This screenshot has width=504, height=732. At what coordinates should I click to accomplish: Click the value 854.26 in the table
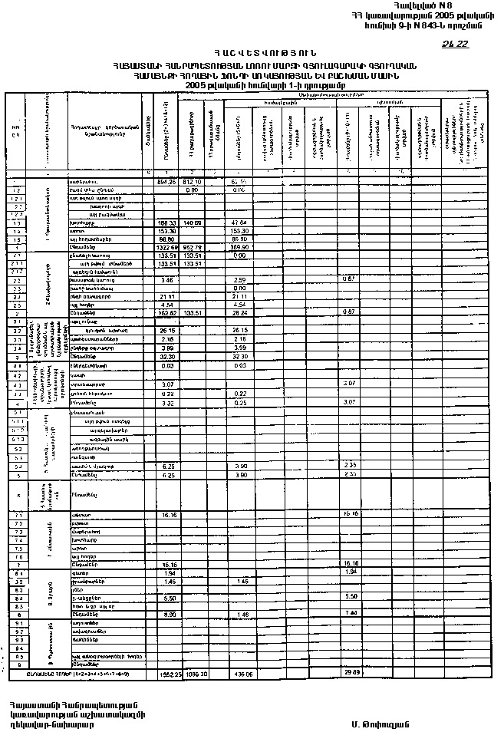166,182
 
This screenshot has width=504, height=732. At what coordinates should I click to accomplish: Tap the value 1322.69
166,247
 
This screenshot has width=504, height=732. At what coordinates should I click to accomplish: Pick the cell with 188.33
166,223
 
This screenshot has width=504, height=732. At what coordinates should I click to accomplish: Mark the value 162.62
166,313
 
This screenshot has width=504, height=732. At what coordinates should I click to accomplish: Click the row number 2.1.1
15,263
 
